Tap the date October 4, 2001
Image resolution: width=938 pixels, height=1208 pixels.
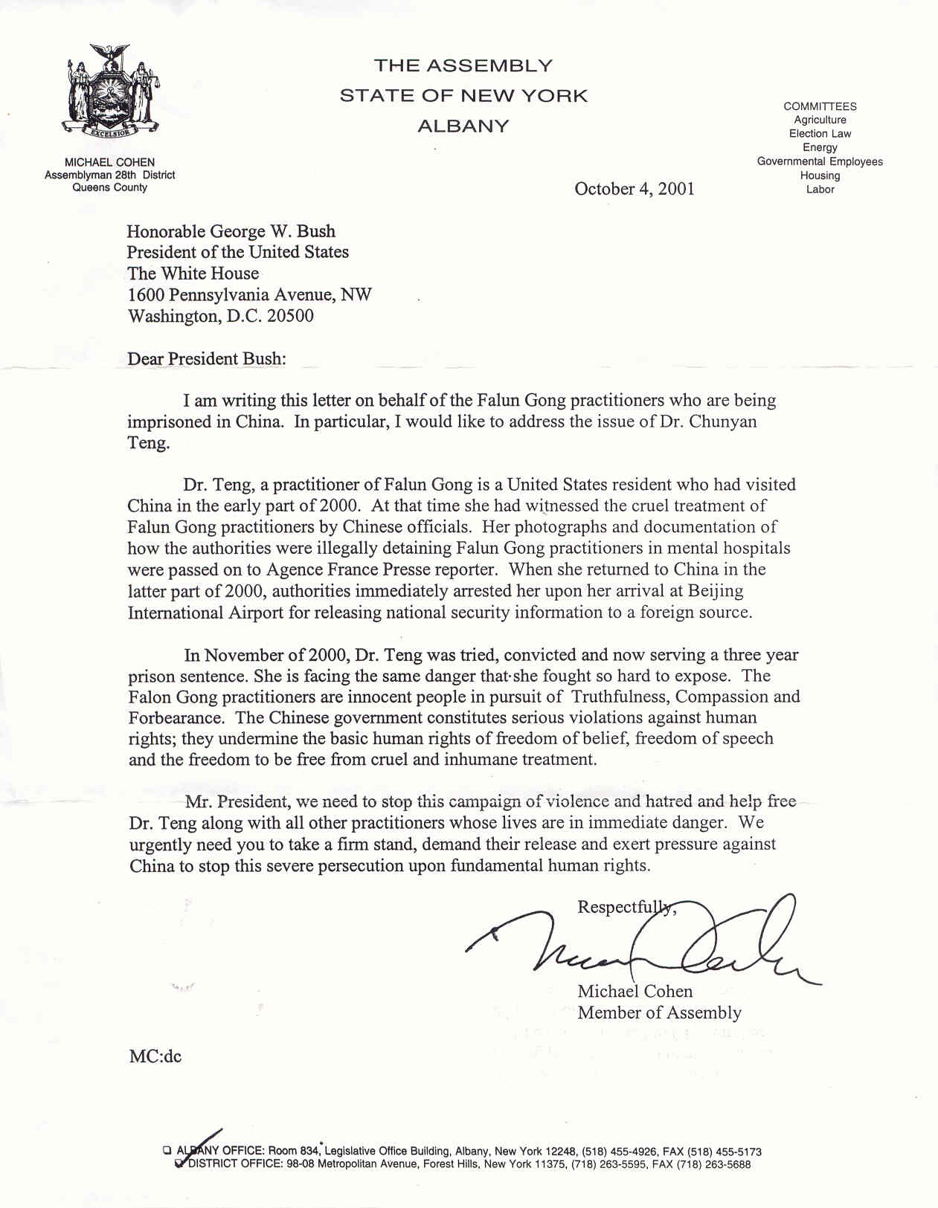pos(634,189)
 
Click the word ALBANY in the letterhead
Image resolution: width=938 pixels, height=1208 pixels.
pos(463,126)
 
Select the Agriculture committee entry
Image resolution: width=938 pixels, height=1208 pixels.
pos(820,120)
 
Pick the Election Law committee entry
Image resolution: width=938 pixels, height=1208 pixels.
pos(820,134)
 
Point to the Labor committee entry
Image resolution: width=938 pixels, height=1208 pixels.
pos(820,190)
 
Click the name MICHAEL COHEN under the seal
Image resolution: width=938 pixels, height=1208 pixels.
pos(110,162)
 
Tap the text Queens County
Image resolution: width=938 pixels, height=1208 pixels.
pos(110,187)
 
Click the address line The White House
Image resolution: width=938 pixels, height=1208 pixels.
pos(193,274)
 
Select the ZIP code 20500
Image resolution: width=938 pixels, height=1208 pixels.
pos(290,316)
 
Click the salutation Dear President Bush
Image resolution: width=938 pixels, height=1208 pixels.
pos(206,358)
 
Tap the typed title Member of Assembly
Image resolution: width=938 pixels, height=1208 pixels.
pos(659,1012)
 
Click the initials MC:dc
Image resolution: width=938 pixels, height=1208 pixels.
pos(155,1056)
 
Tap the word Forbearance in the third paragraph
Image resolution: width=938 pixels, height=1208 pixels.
pos(176,718)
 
